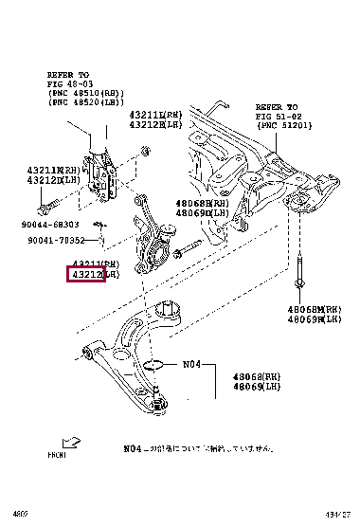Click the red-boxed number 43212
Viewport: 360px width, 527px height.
tap(84, 275)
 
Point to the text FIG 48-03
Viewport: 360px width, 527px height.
tap(68, 83)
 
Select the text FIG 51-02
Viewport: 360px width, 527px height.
tap(277, 117)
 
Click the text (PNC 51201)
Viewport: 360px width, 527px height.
tap(281, 126)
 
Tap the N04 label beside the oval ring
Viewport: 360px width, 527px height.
tap(192, 363)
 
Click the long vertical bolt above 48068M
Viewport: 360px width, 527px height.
tap(300, 270)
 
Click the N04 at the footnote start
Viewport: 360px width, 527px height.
tap(132, 448)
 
